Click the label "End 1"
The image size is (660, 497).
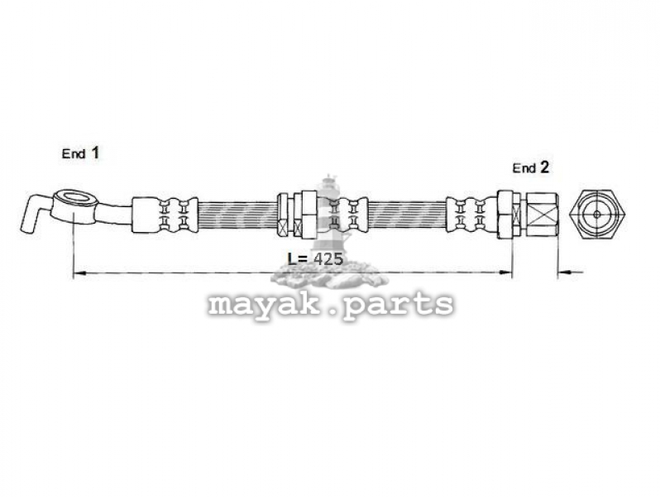[x=80, y=153]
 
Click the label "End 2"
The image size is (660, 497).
[x=530, y=168]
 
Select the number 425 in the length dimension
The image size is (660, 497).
[x=328, y=258]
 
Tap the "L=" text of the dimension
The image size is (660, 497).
[x=299, y=258]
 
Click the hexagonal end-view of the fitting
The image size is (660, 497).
[x=597, y=214]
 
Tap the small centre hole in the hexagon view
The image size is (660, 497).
[x=597, y=214]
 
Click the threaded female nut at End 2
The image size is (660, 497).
[x=543, y=215]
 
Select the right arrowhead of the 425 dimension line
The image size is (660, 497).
[x=505, y=273]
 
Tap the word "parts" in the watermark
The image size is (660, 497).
[x=398, y=304]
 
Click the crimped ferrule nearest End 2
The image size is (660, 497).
[x=471, y=215]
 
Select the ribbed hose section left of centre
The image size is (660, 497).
[x=237, y=215]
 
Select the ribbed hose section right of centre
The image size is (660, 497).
[x=407, y=215]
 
